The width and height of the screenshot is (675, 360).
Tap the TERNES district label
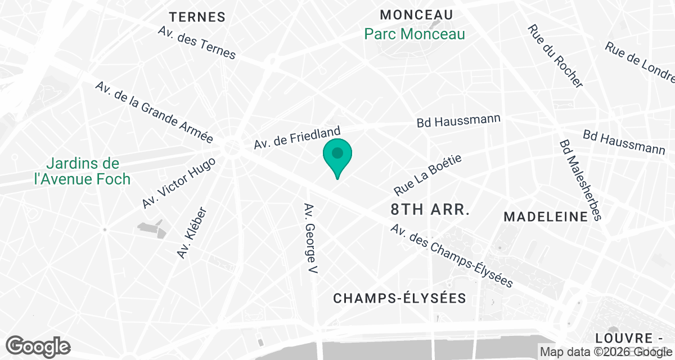(x=197, y=17)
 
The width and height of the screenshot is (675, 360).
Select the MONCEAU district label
(x=417, y=15)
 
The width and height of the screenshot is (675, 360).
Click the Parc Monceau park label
(x=415, y=34)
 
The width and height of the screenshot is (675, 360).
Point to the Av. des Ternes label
(x=197, y=43)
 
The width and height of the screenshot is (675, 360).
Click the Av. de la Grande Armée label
(x=154, y=111)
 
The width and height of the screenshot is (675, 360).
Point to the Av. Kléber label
(x=192, y=233)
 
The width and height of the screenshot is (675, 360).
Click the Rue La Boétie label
(x=427, y=175)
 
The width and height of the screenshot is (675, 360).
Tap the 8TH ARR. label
(x=430, y=210)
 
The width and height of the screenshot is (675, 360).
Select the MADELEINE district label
(x=546, y=217)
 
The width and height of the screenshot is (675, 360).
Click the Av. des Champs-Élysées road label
(x=452, y=256)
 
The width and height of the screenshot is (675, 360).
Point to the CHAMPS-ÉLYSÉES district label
(x=400, y=298)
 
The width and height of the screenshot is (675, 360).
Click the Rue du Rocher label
(x=555, y=56)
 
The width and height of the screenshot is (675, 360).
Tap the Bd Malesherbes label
(x=580, y=180)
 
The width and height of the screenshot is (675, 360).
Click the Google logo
(x=38, y=345)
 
